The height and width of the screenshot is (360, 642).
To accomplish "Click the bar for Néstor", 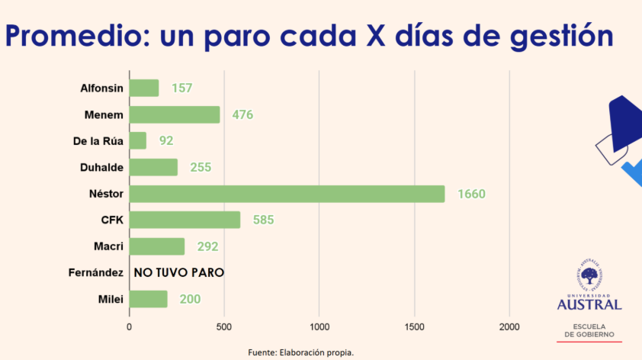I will point(287,194).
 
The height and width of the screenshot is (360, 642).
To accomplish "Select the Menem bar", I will point(175,114).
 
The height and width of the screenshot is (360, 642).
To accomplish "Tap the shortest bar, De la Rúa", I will point(138,140).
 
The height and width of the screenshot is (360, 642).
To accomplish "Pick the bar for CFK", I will point(185,220).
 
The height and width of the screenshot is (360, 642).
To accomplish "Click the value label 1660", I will point(471,194).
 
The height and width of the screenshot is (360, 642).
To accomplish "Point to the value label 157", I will point(181,88).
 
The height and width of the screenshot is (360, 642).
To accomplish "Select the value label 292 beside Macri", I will point(207,246).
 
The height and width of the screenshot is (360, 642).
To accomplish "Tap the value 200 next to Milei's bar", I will point(190,299).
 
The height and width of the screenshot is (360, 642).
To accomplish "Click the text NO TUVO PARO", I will point(179,272).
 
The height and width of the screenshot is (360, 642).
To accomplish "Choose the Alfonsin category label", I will point(102,88).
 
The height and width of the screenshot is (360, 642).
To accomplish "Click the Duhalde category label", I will point(102,167).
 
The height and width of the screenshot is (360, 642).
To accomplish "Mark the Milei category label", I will point(111,299).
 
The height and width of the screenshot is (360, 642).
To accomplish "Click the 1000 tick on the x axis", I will point(319,326).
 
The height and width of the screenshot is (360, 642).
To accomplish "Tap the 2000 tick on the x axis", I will point(509,326).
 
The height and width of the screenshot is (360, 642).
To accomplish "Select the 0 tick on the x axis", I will point(130,326).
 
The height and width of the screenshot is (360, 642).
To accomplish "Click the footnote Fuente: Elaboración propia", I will point(301,352).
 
